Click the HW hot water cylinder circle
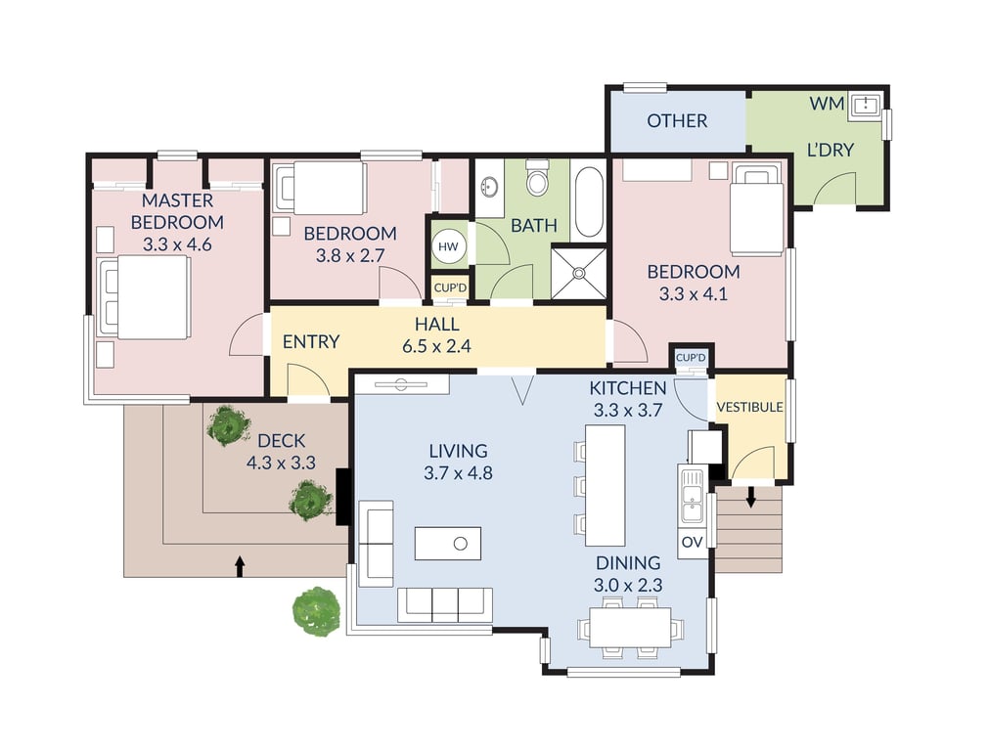click(448, 246)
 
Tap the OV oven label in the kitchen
click(692, 542)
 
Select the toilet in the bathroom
click(537, 178)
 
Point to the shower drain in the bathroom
click(578, 273)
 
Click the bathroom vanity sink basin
click(489, 187)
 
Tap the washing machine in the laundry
click(865, 106)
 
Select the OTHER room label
click(677, 120)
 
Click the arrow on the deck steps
click(240, 566)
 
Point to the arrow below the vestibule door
click(750, 497)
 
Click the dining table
click(630, 627)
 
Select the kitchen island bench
click(605, 485)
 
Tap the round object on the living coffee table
click(461, 544)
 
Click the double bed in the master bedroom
click(144, 296)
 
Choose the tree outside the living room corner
click(316, 612)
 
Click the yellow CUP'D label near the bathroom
click(450, 287)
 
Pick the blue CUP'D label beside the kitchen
click(691, 358)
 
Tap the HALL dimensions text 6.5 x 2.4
click(436, 346)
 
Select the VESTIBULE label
click(750, 407)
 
